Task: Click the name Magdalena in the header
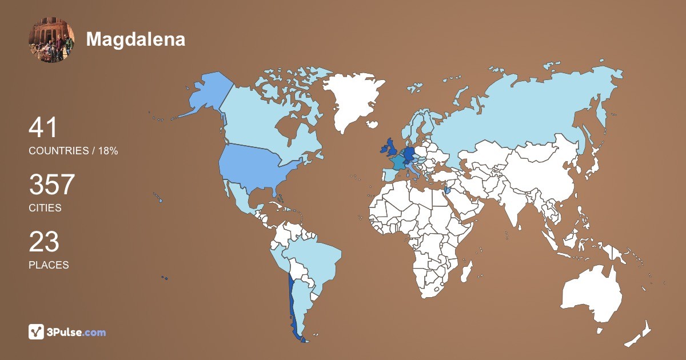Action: [x=135, y=39]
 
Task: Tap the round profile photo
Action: [x=51, y=40]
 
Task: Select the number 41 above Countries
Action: [x=43, y=128]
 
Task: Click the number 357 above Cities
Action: [x=52, y=185]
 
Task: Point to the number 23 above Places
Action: [x=44, y=242]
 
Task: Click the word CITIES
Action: [x=45, y=208]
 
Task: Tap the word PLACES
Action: [x=49, y=265]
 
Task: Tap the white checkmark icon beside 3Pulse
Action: [x=37, y=331]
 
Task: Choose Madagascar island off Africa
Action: [x=468, y=272]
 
